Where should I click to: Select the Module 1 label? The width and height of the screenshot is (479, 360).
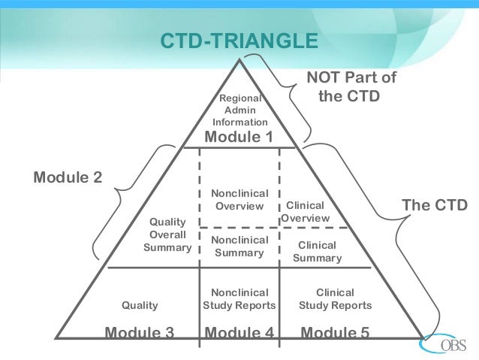[x=239, y=137]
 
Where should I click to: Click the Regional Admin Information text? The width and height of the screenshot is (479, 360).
[x=239, y=110]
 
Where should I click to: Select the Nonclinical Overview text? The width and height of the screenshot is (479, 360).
[x=239, y=200]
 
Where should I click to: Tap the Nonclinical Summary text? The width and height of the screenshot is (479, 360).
[x=239, y=246]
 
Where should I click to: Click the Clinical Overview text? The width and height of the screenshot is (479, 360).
[x=306, y=211]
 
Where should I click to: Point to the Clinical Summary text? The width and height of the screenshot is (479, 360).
[x=317, y=252]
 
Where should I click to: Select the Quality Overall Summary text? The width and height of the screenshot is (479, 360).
[x=167, y=234]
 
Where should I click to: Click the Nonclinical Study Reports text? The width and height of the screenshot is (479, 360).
[x=239, y=298]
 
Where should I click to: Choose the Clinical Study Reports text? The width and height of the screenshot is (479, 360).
[x=335, y=298]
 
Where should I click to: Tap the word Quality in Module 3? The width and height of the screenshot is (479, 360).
[x=140, y=305]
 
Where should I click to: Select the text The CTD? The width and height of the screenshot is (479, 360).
[x=435, y=205]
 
